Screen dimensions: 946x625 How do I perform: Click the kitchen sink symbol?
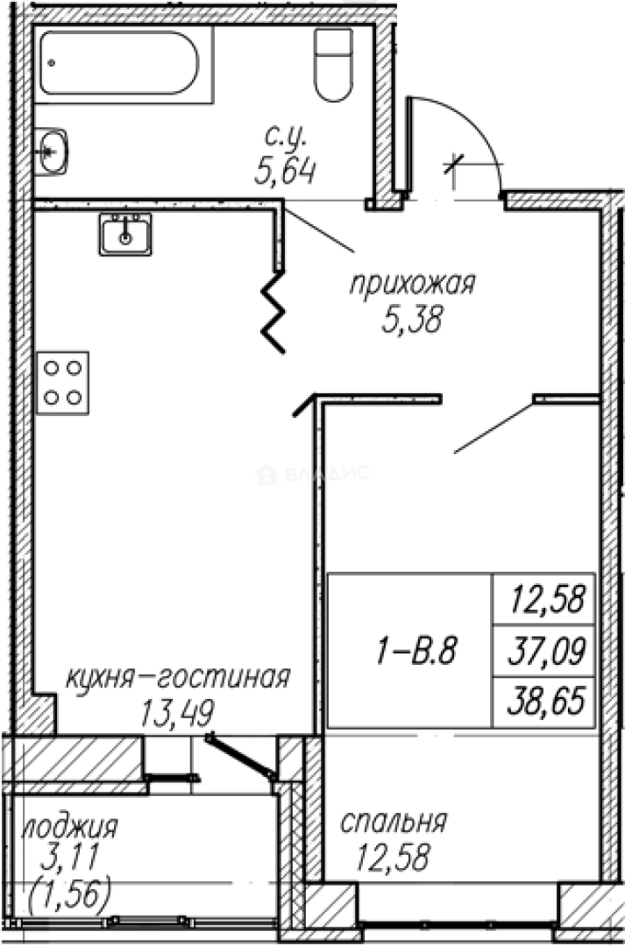coord(125,233)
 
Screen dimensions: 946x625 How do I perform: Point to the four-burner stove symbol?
coord(64,383)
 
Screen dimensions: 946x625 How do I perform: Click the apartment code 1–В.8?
coord(410,652)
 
